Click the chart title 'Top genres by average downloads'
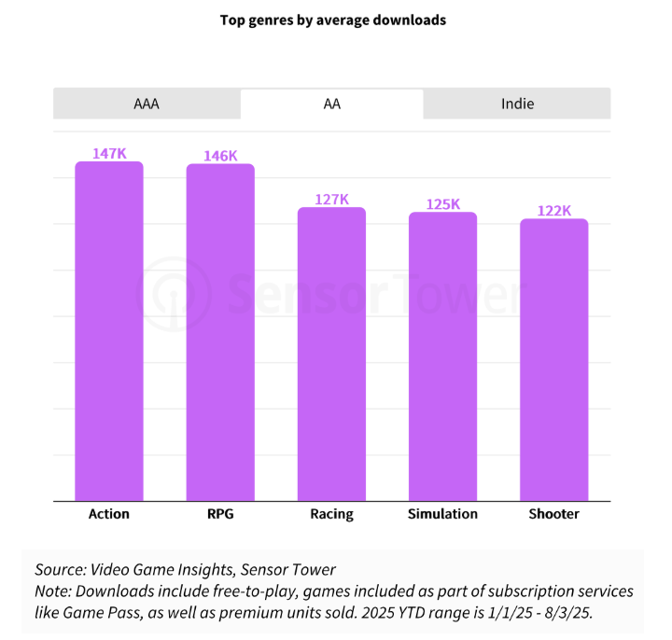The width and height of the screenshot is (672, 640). (332, 20)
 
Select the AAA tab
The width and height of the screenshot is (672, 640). (147, 104)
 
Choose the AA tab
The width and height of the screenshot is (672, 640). (331, 104)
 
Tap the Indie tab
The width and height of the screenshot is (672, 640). (517, 104)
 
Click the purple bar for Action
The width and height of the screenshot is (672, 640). (109, 331)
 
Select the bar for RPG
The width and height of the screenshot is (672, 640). (220, 332)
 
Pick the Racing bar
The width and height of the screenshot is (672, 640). (331, 355)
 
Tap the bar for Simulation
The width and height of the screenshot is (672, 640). (442, 356)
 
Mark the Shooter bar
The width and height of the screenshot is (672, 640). (553, 360)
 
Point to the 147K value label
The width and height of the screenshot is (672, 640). (109, 153)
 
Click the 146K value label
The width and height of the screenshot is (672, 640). (220, 156)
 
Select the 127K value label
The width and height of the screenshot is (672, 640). (331, 199)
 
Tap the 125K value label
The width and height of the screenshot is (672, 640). (442, 203)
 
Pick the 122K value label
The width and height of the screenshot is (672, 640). (553, 211)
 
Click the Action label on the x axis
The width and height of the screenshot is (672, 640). (109, 514)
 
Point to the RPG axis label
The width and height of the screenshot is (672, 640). (220, 514)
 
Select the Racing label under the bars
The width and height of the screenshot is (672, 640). (331, 514)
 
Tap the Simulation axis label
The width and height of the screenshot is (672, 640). (442, 514)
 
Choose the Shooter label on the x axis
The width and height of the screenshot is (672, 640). (553, 514)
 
